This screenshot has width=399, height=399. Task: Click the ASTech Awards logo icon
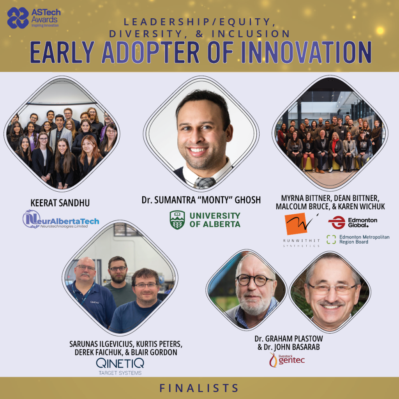click(18, 18)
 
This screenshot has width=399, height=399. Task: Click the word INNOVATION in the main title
click(306, 53)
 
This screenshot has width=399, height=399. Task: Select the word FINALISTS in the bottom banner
click(199, 388)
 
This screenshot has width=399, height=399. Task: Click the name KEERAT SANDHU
click(60, 203)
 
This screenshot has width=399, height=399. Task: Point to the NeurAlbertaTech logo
click(60, 219)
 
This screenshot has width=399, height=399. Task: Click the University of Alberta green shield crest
click(177, 220)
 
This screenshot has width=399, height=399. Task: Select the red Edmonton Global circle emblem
click(336, 222)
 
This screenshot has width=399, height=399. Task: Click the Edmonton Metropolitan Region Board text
click(364, 240)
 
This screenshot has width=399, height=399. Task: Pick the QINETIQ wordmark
click(120, 363)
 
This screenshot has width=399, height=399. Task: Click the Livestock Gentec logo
click(287, 360)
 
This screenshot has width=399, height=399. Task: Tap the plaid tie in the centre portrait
click(205, 183)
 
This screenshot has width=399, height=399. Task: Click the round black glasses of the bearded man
click(254, 280)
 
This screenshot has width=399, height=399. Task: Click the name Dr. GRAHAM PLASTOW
click(289, 339)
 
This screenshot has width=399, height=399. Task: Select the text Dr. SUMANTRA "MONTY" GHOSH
click(201, 200)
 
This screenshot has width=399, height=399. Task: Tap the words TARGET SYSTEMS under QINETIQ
click(120, 373)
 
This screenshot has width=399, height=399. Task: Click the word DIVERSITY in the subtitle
click(145, 34)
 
